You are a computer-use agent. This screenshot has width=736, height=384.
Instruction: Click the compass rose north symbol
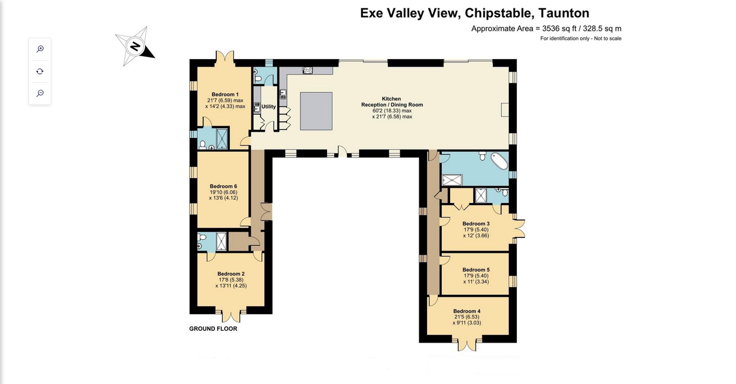[x=135, y=47]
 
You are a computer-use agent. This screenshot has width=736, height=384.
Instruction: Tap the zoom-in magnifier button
[x=40, y=49]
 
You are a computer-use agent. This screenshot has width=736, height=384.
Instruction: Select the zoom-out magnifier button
[x=40, y=93]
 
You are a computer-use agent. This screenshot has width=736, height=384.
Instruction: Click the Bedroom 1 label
[x=225, y=95]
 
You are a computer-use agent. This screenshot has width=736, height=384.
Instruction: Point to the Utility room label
[x=269, y=107]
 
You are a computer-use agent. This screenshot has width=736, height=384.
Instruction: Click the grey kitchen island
[x=316, y=111]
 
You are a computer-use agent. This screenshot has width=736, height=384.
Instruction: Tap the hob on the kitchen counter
[x=308, y=70]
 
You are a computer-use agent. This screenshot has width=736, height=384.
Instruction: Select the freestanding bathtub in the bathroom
[x=499, y=160]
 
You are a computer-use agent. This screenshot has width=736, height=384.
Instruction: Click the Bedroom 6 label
[x=223, y=186]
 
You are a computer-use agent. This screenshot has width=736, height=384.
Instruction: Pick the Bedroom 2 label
[x=231, y=274]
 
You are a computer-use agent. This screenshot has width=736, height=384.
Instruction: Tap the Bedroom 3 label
[x=476, y=224]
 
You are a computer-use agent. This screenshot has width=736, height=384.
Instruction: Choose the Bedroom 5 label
[x=476, y=270]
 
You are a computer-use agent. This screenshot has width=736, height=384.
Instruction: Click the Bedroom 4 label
[x=467, y=311]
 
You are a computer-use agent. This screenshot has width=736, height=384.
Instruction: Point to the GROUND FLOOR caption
[x=213, y=329]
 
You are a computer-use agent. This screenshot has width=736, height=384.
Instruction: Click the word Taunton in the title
[x=563, y=13]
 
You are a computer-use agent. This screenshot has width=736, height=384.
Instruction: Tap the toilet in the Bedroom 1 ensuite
[x=202, y=145]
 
